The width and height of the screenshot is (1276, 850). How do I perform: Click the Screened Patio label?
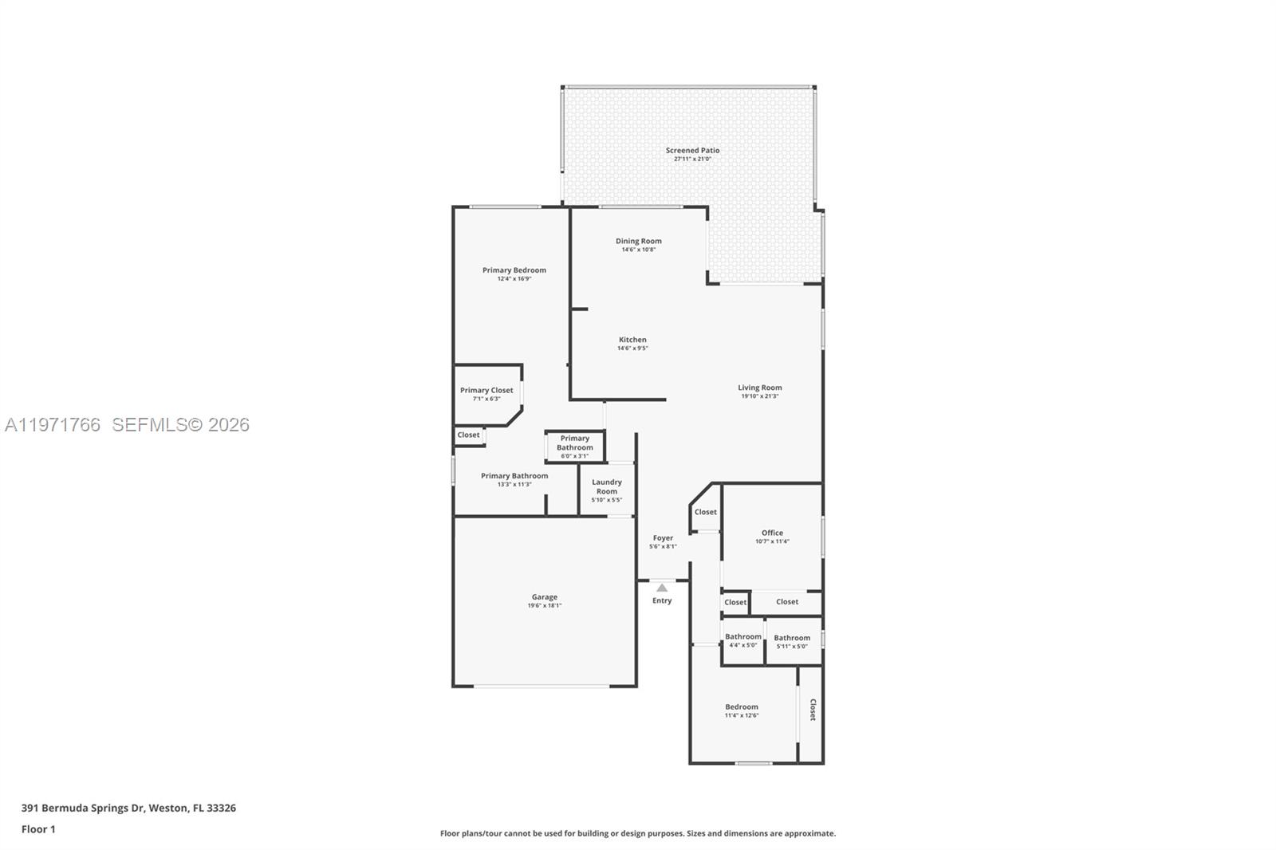pyautogui.click(x=692, y=150)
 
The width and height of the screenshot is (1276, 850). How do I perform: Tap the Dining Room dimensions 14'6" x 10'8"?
pyautogui.click(x=638, y=250)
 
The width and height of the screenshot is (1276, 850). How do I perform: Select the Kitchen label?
pyautogui.click(x=632, y=340)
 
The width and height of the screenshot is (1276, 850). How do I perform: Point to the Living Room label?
pyautogui.click(x=759, y=388)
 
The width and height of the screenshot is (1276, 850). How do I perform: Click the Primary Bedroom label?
pyautogui.click(x=514, y=270)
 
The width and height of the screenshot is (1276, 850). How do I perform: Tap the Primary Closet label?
pyautogui.click(x=486, y=390)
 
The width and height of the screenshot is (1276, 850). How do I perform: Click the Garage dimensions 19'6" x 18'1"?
pyautogui.click(x=545, y=605)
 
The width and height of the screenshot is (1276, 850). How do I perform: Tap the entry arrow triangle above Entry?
pyautogui.click(x=662, y=588)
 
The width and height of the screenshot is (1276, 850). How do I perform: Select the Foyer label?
pyautogui.click(x=663, y=538)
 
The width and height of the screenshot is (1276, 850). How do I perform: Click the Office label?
pyautogui.click(x=772, y=533)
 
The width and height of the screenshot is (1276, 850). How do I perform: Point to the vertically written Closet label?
pyautogui.click(x=813, y=710)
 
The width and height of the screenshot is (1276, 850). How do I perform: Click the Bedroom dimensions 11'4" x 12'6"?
pyautogui.click(x=741, y=715)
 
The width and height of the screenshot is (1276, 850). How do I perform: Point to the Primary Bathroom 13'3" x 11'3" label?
pyautogui.click(x=514, y=476)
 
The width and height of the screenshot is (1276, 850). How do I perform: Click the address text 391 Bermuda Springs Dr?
pyautogui.click(x=83, y=808)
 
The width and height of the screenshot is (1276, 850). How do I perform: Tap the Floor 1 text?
pyautogui.click(x=38, y=829)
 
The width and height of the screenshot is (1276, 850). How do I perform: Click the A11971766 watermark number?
pyautogui.click(x=53, y=425)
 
